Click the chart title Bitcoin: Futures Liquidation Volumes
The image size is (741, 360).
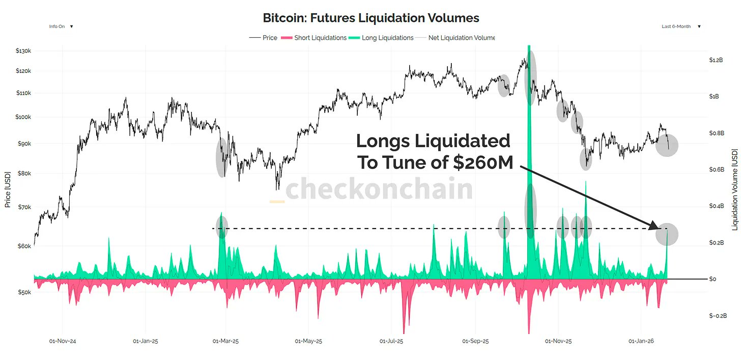coord(370,18)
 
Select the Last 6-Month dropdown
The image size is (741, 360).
coord(681,26)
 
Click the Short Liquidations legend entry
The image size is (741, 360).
coord(313,38)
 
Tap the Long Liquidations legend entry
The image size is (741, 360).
coord(381,38)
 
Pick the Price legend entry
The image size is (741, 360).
coord(263,38)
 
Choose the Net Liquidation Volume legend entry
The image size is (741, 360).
coord(455,38)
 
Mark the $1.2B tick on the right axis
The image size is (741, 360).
coord(716,60)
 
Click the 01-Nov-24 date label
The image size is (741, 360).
coord(63,341)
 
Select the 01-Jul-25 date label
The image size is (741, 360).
coord(392,341)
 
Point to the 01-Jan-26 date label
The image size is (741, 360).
coord(641,341)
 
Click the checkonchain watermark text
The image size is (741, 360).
coord(379,189)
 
